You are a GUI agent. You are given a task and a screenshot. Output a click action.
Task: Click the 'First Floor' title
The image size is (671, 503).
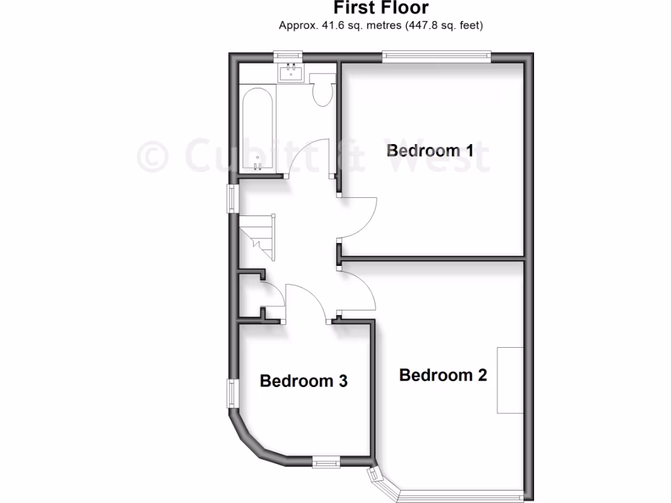click(381, 8)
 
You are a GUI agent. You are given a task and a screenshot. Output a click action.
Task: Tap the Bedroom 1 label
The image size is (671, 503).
click(430, 150)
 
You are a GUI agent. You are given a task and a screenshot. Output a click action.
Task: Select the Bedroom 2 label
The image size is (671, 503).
click(443, 375)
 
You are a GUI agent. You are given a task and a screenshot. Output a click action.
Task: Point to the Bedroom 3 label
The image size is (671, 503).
click(303, 381)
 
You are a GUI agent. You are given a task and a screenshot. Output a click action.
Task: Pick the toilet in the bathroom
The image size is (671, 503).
click(322, 90)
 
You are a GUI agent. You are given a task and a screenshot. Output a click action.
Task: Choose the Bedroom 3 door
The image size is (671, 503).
click(306, 301)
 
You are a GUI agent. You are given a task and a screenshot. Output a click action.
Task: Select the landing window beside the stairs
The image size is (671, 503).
click(232, 198)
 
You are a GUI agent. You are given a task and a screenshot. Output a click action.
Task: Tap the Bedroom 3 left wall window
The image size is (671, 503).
click(232, 393)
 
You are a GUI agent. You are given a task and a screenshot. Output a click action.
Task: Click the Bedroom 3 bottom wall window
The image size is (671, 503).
click(324, 462)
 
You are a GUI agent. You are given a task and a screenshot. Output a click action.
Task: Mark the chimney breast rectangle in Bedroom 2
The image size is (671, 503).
click(510, 380)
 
